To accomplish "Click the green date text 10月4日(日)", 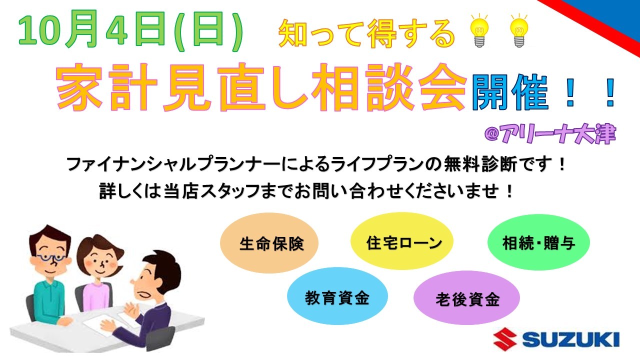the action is click(x=131, y=30).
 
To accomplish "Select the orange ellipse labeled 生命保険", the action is click(x=269, y=243).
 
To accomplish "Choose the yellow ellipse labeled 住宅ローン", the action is click(x=402, y=241).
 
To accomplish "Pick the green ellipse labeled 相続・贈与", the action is click(x=538, y=242).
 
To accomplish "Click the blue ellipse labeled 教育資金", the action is click(x=337, y=296).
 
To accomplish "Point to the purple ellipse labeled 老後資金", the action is click(x=466, y=297).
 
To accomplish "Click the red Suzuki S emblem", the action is click(x=505, y=339).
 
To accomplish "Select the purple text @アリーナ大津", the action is click(x=550, y=133).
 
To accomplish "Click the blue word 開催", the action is click(x=510, y=92).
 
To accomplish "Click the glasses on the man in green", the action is click(x=51, y=258).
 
